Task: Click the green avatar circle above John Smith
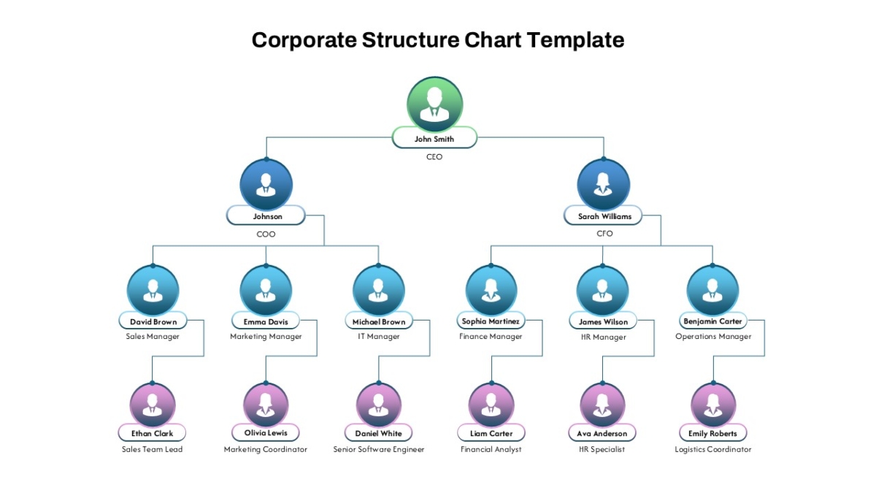point(434,104)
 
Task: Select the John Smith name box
point(434,138)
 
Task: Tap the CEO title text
point(434,157)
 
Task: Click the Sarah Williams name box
point(604,215)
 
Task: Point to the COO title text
point(266,234)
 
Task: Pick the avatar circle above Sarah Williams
point(604,184)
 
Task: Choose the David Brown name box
point(153,321)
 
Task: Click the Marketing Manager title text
point(266,337)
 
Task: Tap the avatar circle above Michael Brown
point(379,291)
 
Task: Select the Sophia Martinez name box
point(491,321)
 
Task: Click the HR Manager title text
point(604,337)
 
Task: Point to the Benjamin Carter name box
point(713,321)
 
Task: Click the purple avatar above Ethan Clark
point(153,405)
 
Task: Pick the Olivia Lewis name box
point(266,432)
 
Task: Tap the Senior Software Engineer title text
point(379,450)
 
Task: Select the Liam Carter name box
point(491,433)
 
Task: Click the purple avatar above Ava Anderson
point(602,405)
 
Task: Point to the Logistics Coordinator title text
point(713,450)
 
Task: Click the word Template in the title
point(576,40)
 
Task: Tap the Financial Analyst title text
point(491,450)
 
